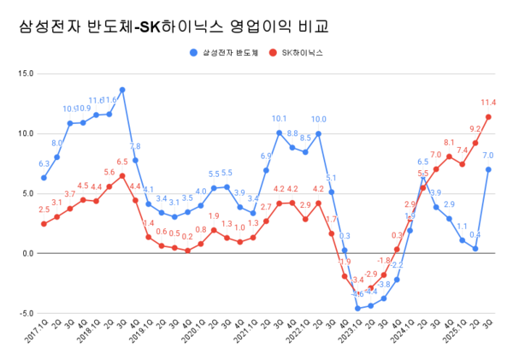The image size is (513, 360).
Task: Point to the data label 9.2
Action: coord(475,129)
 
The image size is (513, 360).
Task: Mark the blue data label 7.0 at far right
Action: coord(488,156)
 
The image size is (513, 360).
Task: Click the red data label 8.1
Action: coord(449,142)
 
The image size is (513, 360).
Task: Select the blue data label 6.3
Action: coord(44,164)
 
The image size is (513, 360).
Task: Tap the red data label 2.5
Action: coord(44,210)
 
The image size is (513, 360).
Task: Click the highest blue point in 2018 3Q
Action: coord(122,90)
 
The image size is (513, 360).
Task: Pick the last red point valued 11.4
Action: coord(488,117)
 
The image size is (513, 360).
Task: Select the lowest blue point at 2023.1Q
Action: coord(357,308)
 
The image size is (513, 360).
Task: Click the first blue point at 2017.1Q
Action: coord(44,178)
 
